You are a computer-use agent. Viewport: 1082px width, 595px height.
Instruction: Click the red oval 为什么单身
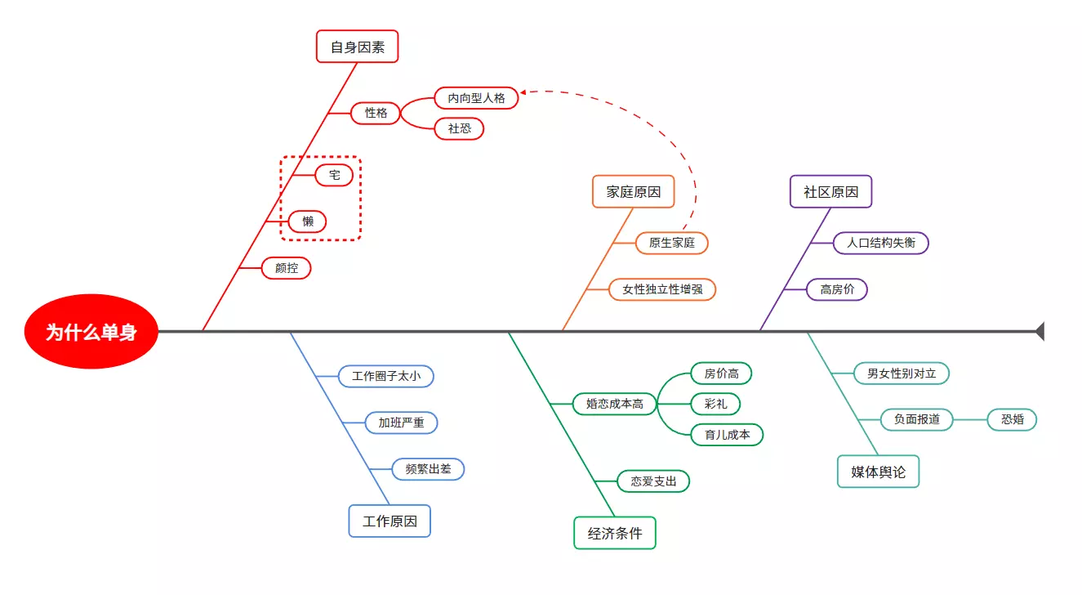tap(91, 332)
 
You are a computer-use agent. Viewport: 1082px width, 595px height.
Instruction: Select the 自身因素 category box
tap(357, 47)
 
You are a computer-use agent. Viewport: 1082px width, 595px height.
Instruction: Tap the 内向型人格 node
tap(476, 98)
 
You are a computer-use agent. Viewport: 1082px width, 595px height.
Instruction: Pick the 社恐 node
tap(459, 128)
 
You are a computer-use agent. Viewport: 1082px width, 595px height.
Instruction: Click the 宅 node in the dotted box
tap(334, 175)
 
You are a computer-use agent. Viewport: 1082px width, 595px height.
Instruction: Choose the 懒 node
tap(308, 221)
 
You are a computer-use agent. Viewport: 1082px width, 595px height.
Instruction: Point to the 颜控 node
tap(287, 268)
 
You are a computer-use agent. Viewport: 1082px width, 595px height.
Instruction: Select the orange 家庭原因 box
tap(633, 192)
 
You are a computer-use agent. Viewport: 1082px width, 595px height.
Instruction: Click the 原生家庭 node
tap(671, 243)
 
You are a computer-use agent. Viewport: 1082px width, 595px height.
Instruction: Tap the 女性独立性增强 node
tap(662, 289)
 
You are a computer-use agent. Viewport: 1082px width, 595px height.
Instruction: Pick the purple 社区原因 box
tap(830, 192)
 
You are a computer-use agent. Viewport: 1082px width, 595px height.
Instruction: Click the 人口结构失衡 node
tap(880, 243)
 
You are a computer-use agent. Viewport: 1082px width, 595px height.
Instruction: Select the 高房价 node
tap(837, 289)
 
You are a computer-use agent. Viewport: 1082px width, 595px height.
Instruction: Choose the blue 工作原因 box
tap(390, 521)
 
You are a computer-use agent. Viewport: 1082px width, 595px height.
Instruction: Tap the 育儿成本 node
tap(727, 435)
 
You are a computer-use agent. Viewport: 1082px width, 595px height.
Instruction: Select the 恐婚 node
tap(1012, 419)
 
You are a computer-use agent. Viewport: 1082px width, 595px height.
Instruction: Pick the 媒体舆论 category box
tap(878, 472)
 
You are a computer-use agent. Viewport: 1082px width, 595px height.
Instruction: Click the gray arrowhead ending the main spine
tap(1040, 331)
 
